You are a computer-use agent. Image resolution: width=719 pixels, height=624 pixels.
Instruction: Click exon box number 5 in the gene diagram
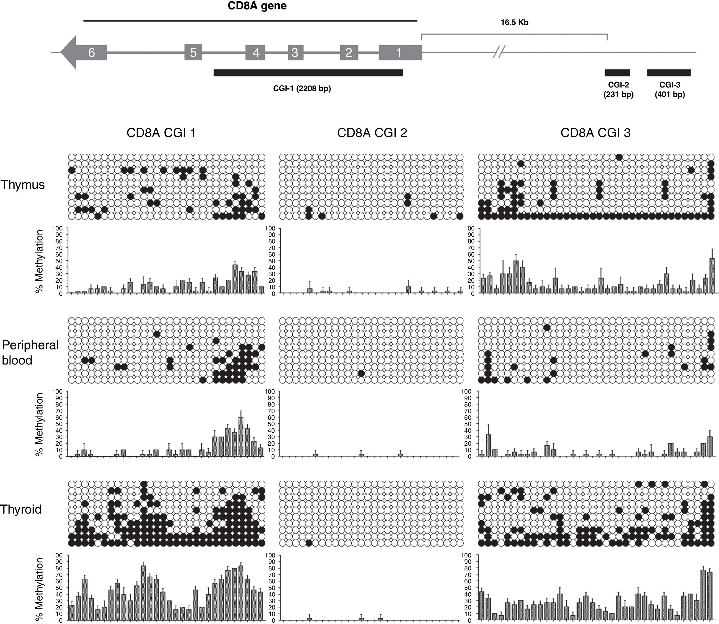point(193,52)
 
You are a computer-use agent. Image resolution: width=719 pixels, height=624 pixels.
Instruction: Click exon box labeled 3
point(295,52)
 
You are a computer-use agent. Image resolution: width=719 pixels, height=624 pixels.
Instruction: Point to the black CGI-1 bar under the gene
point(308,72)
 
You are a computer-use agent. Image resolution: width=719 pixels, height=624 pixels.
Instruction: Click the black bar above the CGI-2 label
point(617,72)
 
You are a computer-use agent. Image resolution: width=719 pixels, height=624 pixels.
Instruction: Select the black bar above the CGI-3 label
point(669,72)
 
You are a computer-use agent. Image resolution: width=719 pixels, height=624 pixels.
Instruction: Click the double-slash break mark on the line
point(499,52)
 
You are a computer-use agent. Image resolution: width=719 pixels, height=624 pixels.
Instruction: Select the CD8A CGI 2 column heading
point(372,133)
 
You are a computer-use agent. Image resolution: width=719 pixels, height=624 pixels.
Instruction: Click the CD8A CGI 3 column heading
point(595,133)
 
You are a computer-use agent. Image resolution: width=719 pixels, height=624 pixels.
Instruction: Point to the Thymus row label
point(23,184)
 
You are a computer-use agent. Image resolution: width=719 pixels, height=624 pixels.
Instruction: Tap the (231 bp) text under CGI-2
point(618,94)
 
